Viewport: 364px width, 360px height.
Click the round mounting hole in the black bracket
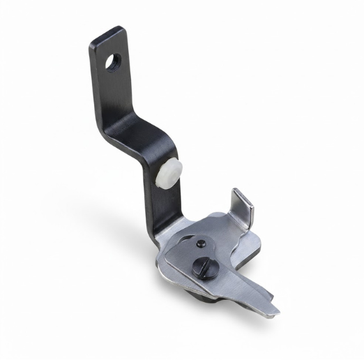coord(112,63)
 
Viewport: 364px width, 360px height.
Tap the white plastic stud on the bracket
coord(169,173)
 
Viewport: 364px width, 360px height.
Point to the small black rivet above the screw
coord(201,243)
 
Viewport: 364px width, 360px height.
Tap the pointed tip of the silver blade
coord(276,310)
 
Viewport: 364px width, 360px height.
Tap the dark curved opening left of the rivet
coord(182,245)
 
